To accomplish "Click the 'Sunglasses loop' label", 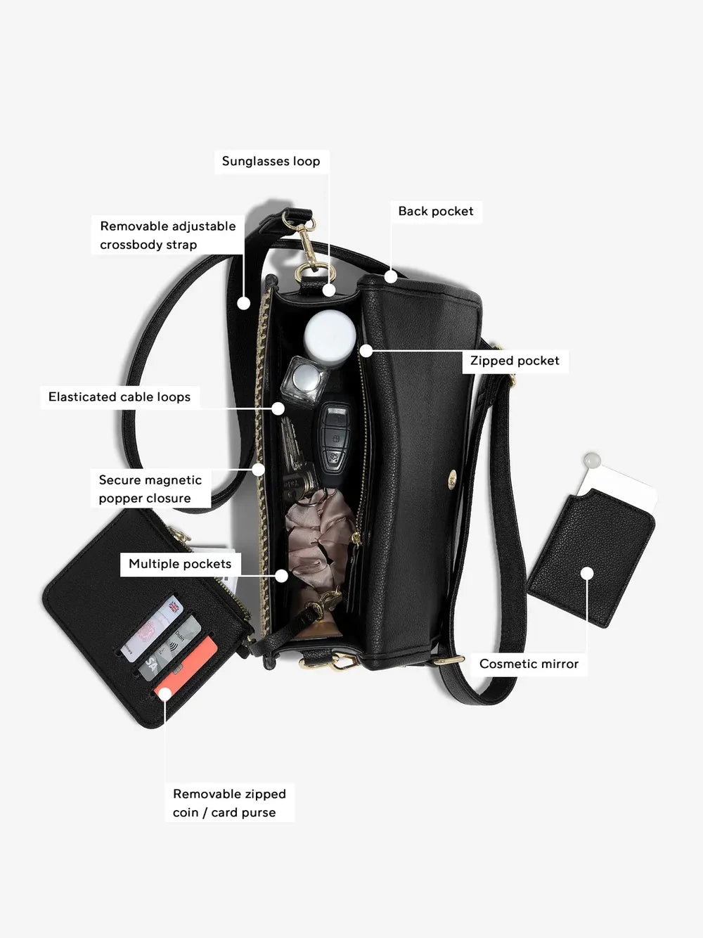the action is (271, 161).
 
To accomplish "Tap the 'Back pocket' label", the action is (436, 211).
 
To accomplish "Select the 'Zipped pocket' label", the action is (515, 361).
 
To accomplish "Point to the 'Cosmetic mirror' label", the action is (529, 664).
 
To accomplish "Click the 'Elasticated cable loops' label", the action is (120, 397).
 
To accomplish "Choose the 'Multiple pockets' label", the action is (180, 564).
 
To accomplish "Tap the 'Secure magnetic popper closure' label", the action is (150, 489).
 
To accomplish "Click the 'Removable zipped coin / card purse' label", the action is (229, 803).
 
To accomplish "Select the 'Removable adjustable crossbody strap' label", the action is (167, 235).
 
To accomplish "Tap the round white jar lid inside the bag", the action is (329, 336).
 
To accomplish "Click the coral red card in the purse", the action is (186, 667).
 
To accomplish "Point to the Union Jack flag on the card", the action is (174, 605).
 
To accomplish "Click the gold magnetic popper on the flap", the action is (452, 479).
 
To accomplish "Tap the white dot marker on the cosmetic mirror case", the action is (587, 574).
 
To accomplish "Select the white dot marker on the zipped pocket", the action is (366, 351).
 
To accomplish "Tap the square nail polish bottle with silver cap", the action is (304, 381).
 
